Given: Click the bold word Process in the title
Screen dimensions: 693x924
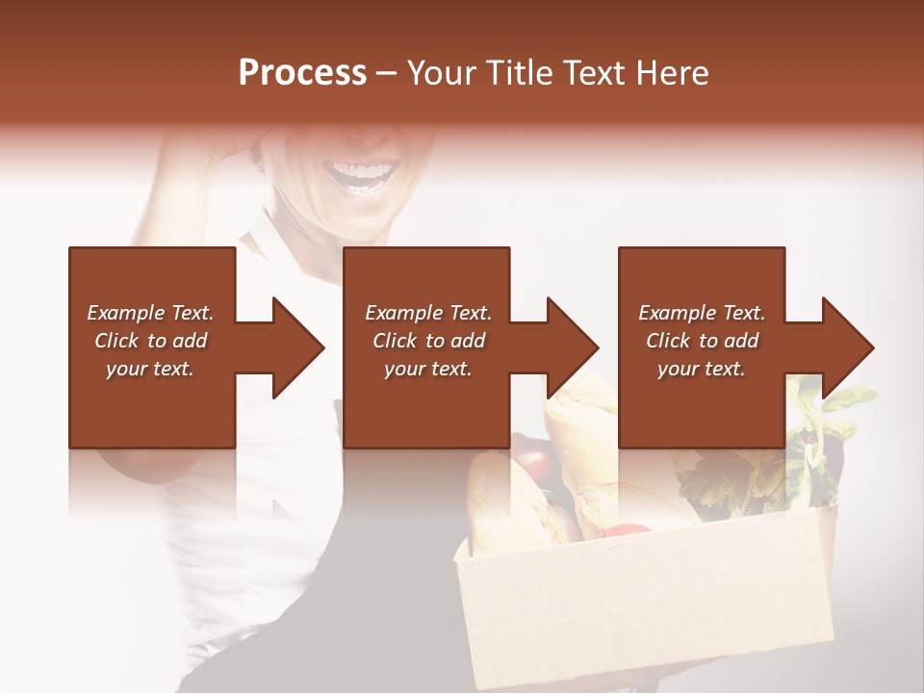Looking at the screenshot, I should (x=302, y=73).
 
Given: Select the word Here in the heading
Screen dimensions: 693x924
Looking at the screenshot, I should (x=674, y=73).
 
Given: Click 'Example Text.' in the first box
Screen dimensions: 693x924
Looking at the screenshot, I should (x=150, y=313).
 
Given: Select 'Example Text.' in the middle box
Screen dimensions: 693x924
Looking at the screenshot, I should (x=428, y=313).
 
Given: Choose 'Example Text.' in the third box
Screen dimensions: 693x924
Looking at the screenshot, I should (x=702, y=313).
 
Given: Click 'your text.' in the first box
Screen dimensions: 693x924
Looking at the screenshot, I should (x=150, y=369).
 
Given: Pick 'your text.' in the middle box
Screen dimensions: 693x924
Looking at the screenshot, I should (x=428, y=369).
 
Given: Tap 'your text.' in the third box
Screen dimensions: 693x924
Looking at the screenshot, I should (x=702, y=369).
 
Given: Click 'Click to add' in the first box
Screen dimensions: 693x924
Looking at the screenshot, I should (x=150, y=341).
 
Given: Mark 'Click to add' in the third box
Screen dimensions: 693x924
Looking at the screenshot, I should (x=702, y=341).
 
